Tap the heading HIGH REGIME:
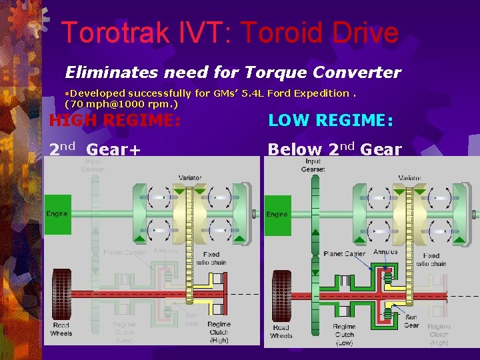click(115, 121)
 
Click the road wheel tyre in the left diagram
click(61, 293)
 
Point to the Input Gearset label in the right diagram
click(313, 165)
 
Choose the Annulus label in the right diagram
click(385, 252)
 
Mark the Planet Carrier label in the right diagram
click(344, 254)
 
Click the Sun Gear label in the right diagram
click(412, 321)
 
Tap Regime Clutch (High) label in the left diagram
click(219, 332)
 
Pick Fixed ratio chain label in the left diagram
click(211, 259)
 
